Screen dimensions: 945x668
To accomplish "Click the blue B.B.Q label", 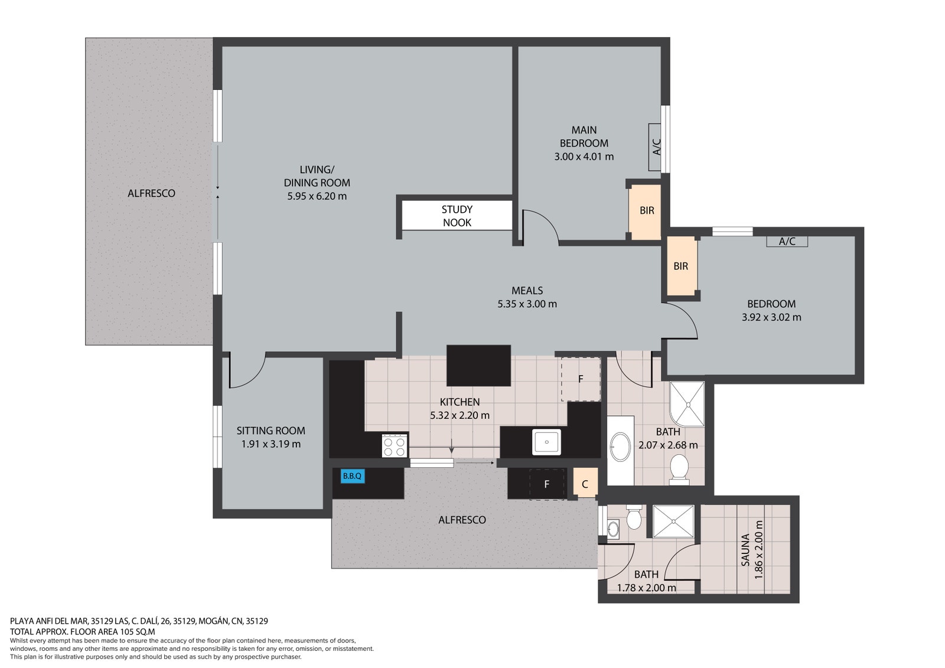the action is click(352, 477).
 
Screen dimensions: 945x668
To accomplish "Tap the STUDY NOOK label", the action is click(457, 216).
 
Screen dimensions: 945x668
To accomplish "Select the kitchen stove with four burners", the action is click(395, 445).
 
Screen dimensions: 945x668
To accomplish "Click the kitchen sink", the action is click(546, 442).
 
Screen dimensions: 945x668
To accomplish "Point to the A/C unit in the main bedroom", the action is click(655, 147).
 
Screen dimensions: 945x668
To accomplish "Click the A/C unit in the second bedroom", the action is click(787, 242).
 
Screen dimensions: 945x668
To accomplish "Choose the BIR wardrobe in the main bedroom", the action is click(645, 212).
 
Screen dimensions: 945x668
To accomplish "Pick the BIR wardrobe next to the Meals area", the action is click(681, 266).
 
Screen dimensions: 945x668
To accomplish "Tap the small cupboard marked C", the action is click(585, 483).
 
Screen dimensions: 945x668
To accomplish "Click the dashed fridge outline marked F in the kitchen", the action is click(581, 379).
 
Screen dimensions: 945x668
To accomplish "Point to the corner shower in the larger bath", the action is click(687, 404).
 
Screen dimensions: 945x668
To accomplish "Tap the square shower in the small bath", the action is click(673, 522).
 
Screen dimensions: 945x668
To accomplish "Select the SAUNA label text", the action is click(745, 549).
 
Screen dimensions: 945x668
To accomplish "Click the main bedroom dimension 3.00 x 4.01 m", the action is click(584, 157).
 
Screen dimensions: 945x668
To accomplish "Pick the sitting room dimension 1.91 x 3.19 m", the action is click(271, 444).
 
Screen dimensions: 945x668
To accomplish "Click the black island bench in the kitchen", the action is click(478, 366).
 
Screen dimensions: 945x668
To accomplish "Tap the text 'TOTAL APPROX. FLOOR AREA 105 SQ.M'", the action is click(83, 631).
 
